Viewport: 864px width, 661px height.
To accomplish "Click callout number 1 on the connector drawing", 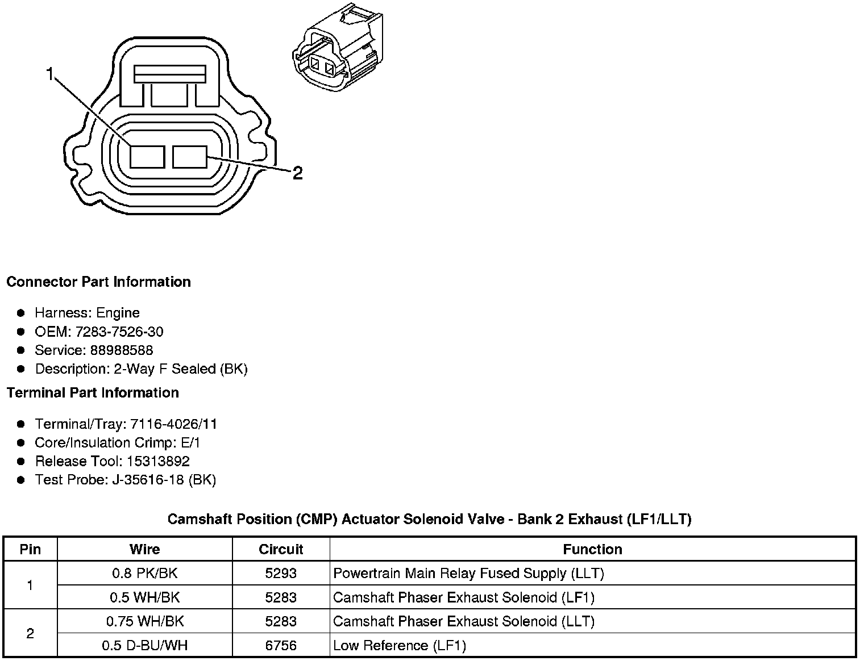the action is [50, 74].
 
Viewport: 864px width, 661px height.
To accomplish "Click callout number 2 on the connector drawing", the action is [297, 173].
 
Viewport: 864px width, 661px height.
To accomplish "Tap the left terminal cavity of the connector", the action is [147, 157].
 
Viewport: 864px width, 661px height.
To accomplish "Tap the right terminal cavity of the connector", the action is [190, 157].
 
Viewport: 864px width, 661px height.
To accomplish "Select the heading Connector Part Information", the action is [98, 282].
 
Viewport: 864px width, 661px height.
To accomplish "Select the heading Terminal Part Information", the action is [93, 393].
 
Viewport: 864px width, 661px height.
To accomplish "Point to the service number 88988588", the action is [121, 350].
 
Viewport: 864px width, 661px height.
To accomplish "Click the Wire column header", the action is [144, 549].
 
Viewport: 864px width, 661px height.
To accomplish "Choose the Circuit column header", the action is [281, 549].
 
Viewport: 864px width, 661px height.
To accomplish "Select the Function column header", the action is [592, 549].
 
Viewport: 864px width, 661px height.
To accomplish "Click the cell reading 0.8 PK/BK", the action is [144, 574].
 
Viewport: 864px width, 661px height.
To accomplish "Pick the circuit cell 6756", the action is [281, 646].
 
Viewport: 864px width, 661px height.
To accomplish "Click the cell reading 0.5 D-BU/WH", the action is [144, 646].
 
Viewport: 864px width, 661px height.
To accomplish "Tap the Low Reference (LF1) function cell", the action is [399, 646].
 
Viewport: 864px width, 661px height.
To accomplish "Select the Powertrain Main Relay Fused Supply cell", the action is [468, 574].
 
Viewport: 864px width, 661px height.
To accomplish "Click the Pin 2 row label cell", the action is [30, 634].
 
